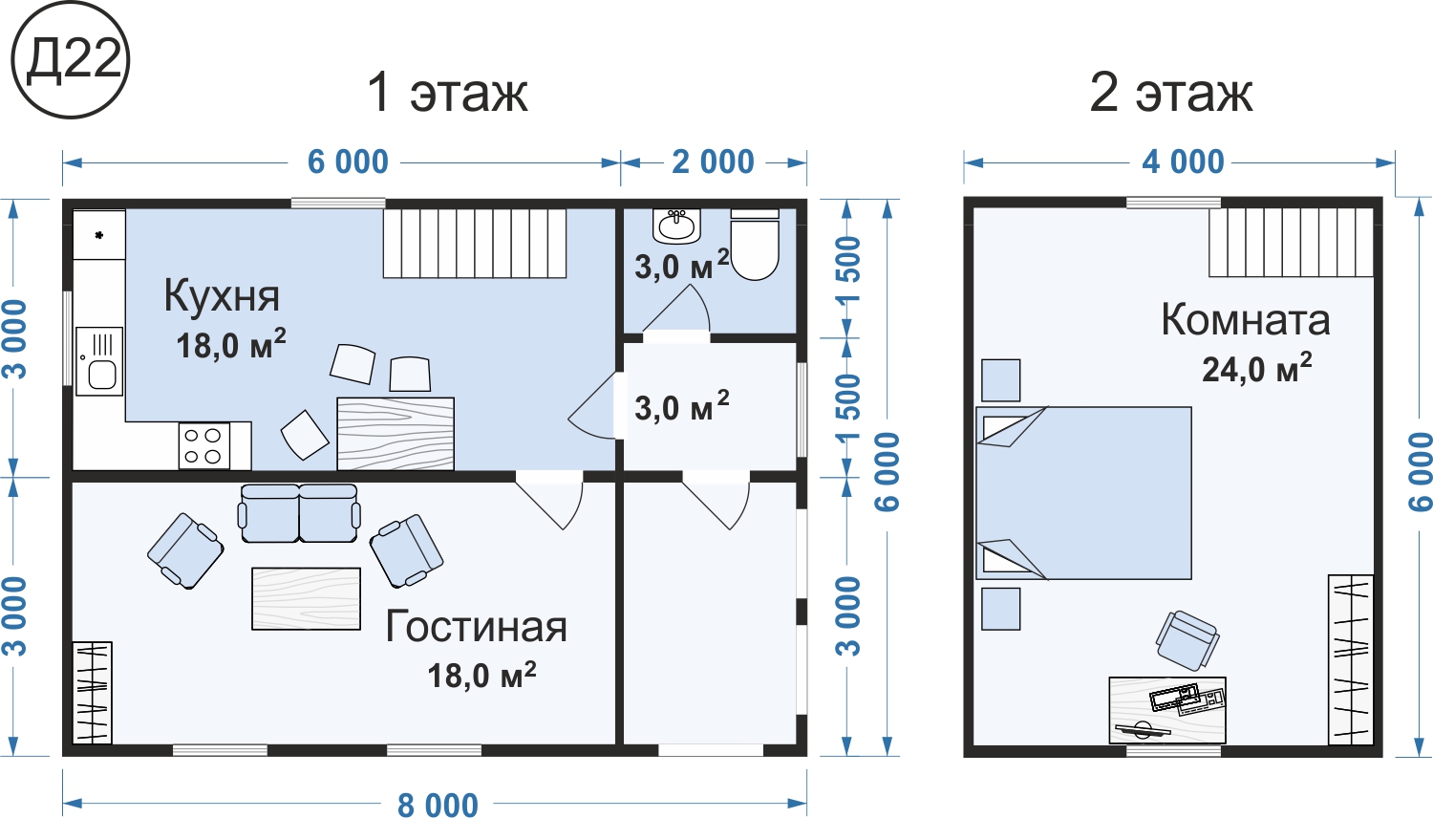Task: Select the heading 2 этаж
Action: point(1170,93)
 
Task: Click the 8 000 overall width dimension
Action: point(438,805)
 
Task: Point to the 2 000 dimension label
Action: point(713,161)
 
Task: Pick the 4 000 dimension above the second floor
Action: point(1183,161)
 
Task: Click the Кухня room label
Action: point(222,295)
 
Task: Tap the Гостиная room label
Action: point(476,626)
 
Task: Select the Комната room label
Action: point(1245,319)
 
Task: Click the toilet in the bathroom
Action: point(755,245)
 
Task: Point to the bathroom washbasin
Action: point(676,226)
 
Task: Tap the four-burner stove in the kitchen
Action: point(204,445)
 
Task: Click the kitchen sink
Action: point(99,361)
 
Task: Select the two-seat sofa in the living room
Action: point(299,513)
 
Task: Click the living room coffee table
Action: point(306,598)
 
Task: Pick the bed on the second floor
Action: point(1083,493)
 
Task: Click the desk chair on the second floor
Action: point(1187,640)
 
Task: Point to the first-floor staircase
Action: point(475,244)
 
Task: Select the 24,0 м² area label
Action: point(1256,367)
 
